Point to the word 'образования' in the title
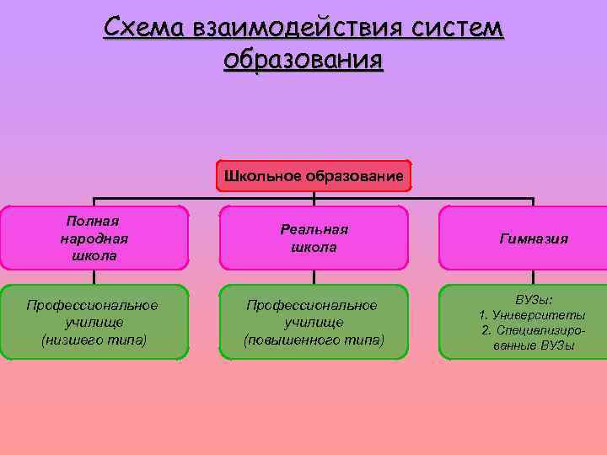(303, 61)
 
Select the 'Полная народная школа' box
(93, 238)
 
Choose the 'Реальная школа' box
(314, 238)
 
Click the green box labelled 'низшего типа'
(93, 322)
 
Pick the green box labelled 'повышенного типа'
(314, 322)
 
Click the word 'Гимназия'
(533, 238)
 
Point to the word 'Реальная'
(314, 229)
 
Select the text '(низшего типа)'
(93, 340)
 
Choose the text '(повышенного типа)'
(314, 340)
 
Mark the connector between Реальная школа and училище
(314, 276)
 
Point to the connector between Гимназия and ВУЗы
(533, 276)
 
